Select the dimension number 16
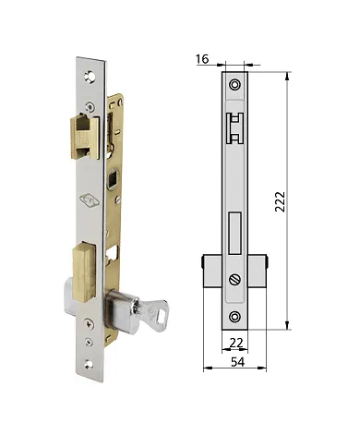pyautogui.click(x=201, y=58)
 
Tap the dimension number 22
pyautogui.click(x=237, y=343)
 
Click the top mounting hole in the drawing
pyautogui.click(x=236, y=85)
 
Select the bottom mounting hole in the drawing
pyautogui.click(x=236, y=318)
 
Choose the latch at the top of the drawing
pyautogui.click(x=236, y=127)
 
